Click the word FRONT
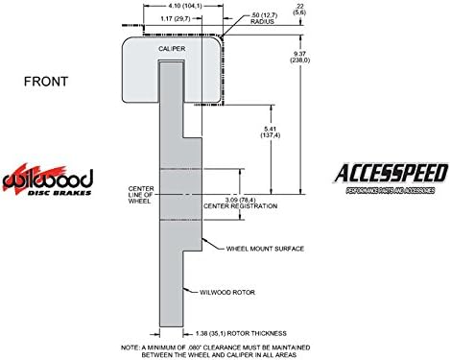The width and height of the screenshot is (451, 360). point(46,83)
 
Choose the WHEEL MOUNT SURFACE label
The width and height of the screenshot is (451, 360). point(265,247)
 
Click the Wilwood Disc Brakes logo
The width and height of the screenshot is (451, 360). point(47,180)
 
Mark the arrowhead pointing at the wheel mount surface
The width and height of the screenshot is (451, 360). point(205,244)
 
